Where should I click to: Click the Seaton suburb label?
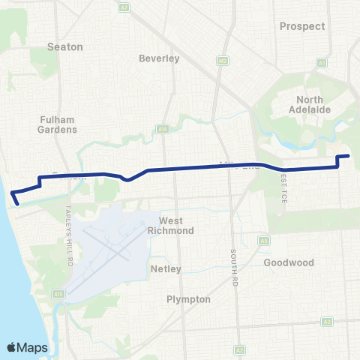[64, 46]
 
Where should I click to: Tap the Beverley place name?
[159, 58]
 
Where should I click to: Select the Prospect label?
[302, 25]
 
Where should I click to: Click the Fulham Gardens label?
[57, 124]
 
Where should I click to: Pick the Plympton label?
[188, 298]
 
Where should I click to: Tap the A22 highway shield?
[222, 61]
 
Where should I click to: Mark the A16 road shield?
[162, 129]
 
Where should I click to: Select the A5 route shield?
[265, 241]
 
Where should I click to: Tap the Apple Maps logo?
[26, 346]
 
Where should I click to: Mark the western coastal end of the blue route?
[16, 201]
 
